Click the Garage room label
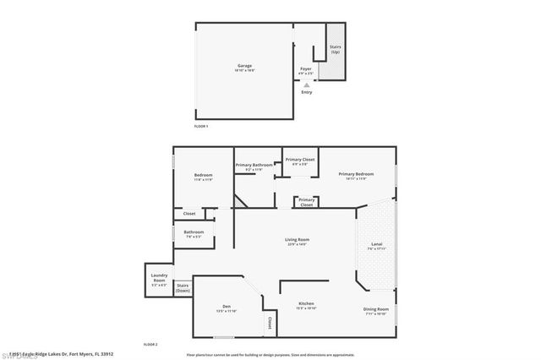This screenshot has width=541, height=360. (244, 66)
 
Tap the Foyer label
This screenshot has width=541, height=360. (306, 68)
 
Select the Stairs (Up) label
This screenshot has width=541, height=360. (336, 50)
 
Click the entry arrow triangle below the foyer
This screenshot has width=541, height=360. (307, 85)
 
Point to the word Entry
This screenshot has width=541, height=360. (307, 92)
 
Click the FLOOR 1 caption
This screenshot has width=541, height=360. (201, 125)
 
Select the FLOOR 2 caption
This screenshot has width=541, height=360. (150, 344)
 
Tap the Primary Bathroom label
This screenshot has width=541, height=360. (254, 166)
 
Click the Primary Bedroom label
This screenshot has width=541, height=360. (352, 175)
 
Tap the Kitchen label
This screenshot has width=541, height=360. (306, 304)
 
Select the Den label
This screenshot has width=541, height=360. (226, 306)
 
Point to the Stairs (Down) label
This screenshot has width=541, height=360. (183, 287)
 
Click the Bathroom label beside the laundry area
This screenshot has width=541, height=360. (194, 232)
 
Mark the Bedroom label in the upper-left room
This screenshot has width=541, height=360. (203, 175)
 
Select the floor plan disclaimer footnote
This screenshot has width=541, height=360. (270, 355)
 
